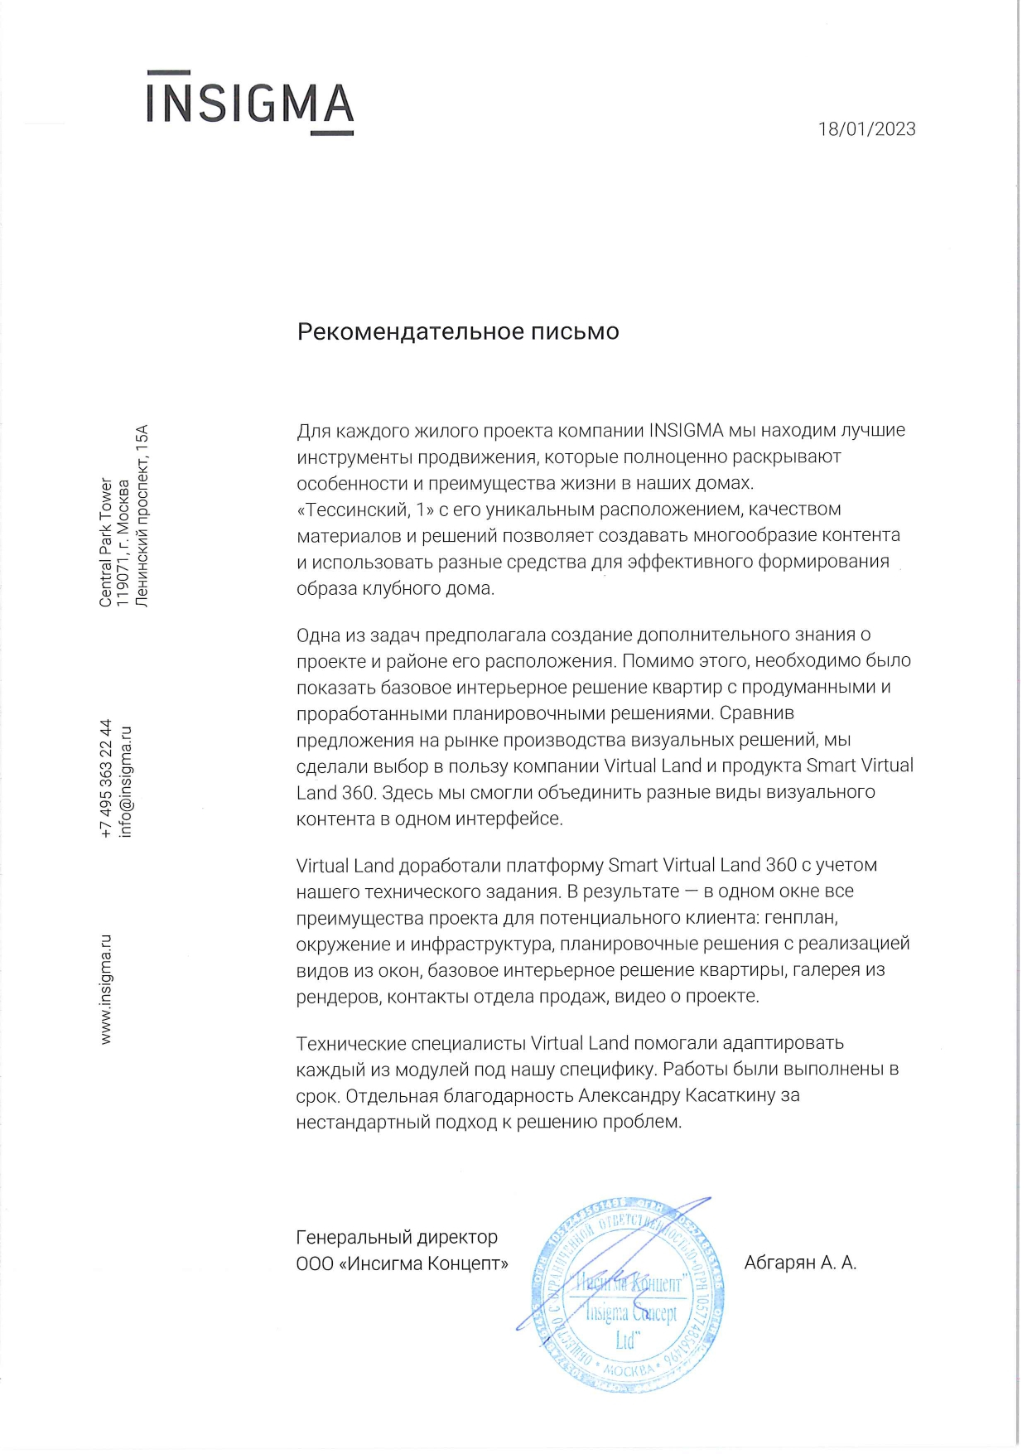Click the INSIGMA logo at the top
[x=250, y=104]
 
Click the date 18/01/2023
[x=866, y=129]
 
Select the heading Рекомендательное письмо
[x=458, y=331]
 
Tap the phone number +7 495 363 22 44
[x=106, y=779]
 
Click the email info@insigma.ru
[x=126, y=781]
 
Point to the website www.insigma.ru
[x=106, y=989]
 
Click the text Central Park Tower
[x=106, y=543]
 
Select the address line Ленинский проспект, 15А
[x=142, y=516]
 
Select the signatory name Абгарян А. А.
[x=800, y=1263]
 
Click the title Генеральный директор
[x=397, y=1237]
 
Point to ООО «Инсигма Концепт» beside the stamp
[x=402, y=1263]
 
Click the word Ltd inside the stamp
[x=626, y=1340]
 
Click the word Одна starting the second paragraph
[x=317, y=635]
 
